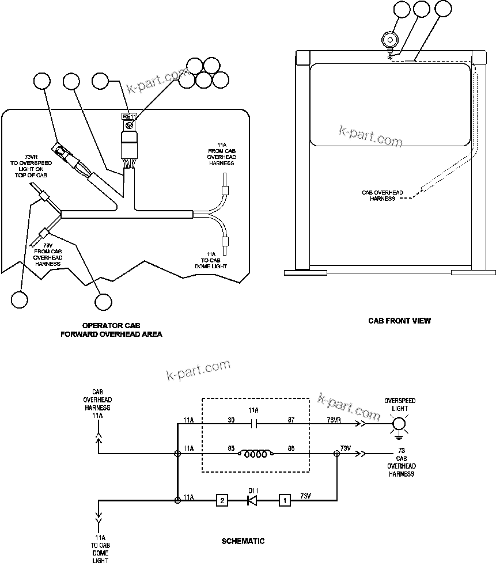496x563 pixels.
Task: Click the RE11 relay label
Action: (x=127, y=116)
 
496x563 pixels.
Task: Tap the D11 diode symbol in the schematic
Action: (x=252, y=500)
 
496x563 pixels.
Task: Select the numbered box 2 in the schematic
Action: (x=221, y=500)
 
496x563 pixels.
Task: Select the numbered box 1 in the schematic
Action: (x=284, y=500)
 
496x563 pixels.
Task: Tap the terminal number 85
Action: (x=232, y=448)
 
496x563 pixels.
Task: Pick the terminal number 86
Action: (x=291, y=448)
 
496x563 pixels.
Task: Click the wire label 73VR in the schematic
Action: (x=334, y=420)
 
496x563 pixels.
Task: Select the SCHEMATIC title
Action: (x=243, y=541)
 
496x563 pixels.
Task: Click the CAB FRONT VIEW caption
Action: (x=399, y=321)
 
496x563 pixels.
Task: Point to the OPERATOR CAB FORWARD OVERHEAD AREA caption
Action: (x=111, y=330)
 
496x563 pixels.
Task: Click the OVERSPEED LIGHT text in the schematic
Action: (x=400, y=404)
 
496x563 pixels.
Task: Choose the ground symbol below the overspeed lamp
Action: (x=398, y=438)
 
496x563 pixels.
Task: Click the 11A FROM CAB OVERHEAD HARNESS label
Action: (x=222, y=153)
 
